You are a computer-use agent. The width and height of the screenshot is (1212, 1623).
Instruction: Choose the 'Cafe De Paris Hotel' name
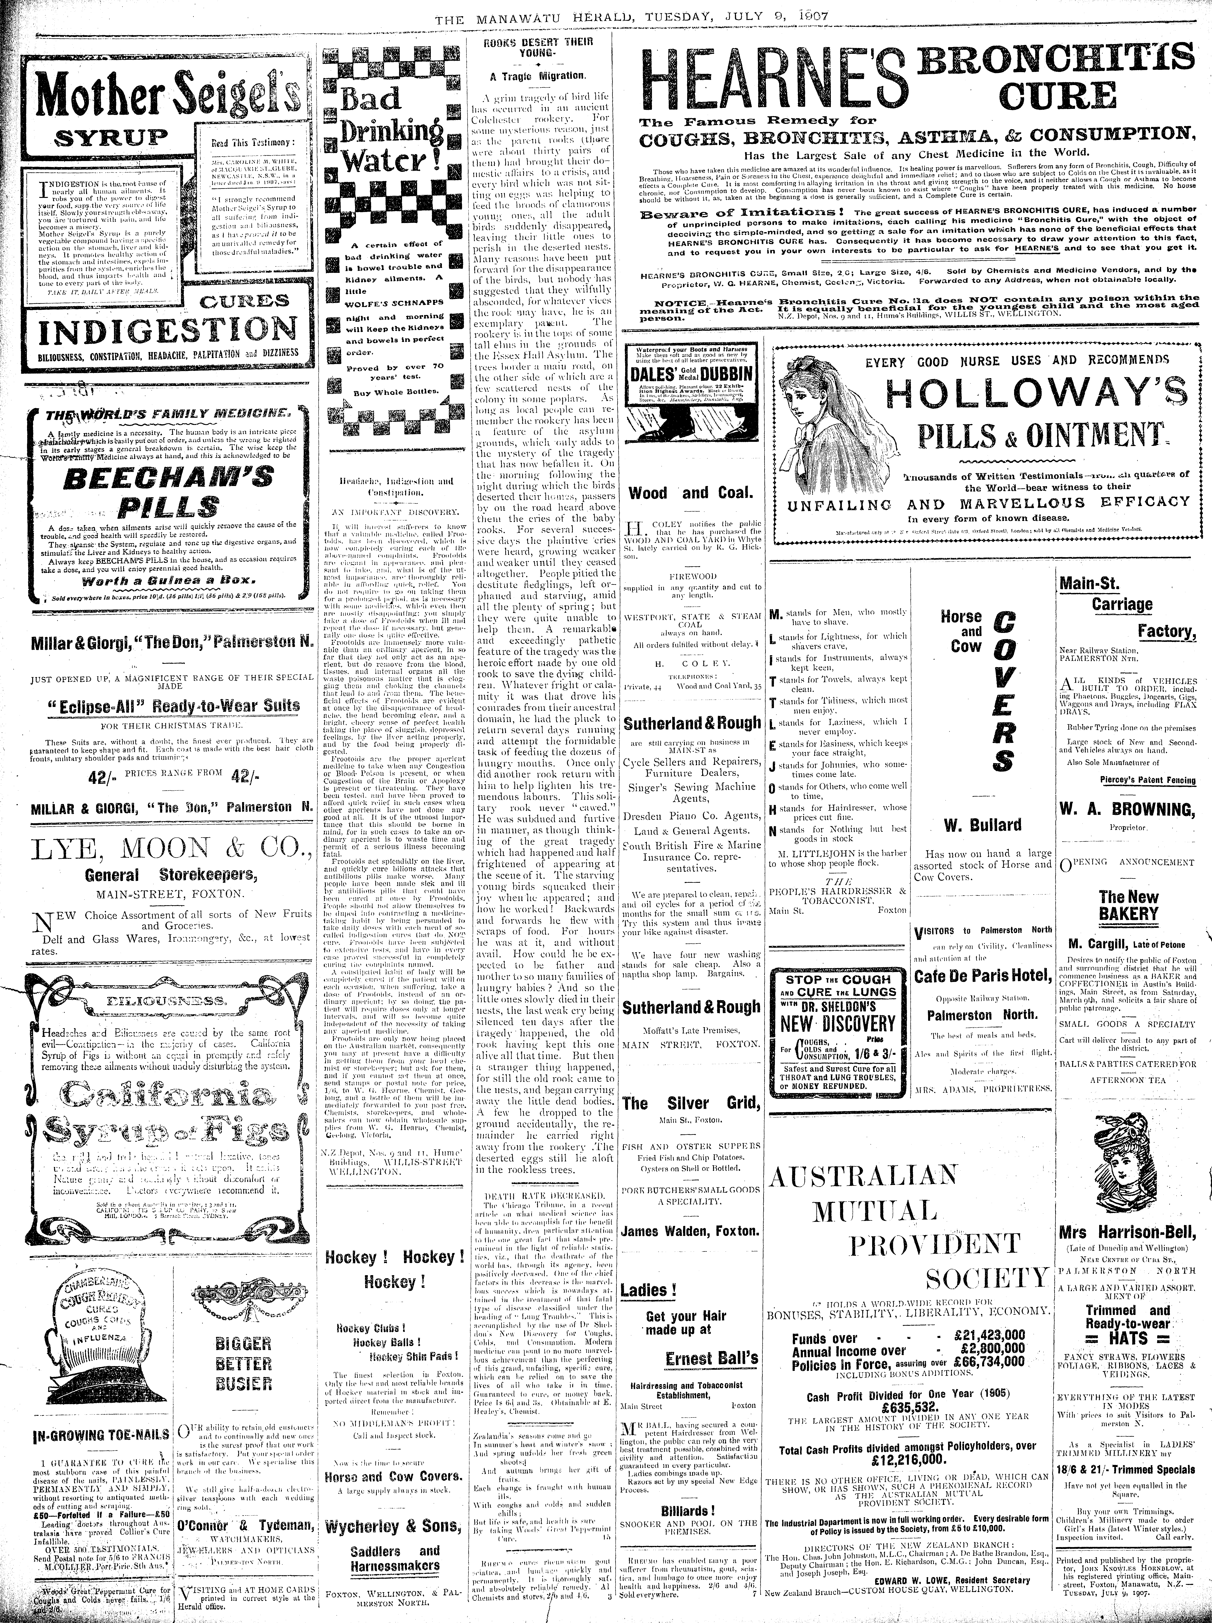(x=983, y=976)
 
